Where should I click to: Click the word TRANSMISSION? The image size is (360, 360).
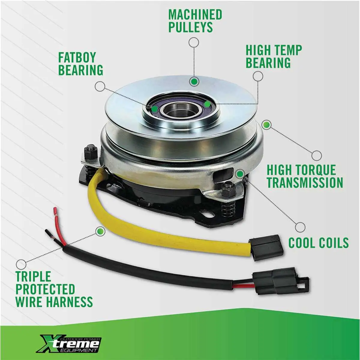tap(305, 182)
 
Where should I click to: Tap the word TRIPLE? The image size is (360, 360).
tap(33, 276)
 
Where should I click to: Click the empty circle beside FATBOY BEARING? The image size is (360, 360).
tap(100, 86)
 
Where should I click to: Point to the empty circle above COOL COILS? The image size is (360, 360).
tap(300, 227)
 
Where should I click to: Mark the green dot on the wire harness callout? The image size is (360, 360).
tap(100, 231)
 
